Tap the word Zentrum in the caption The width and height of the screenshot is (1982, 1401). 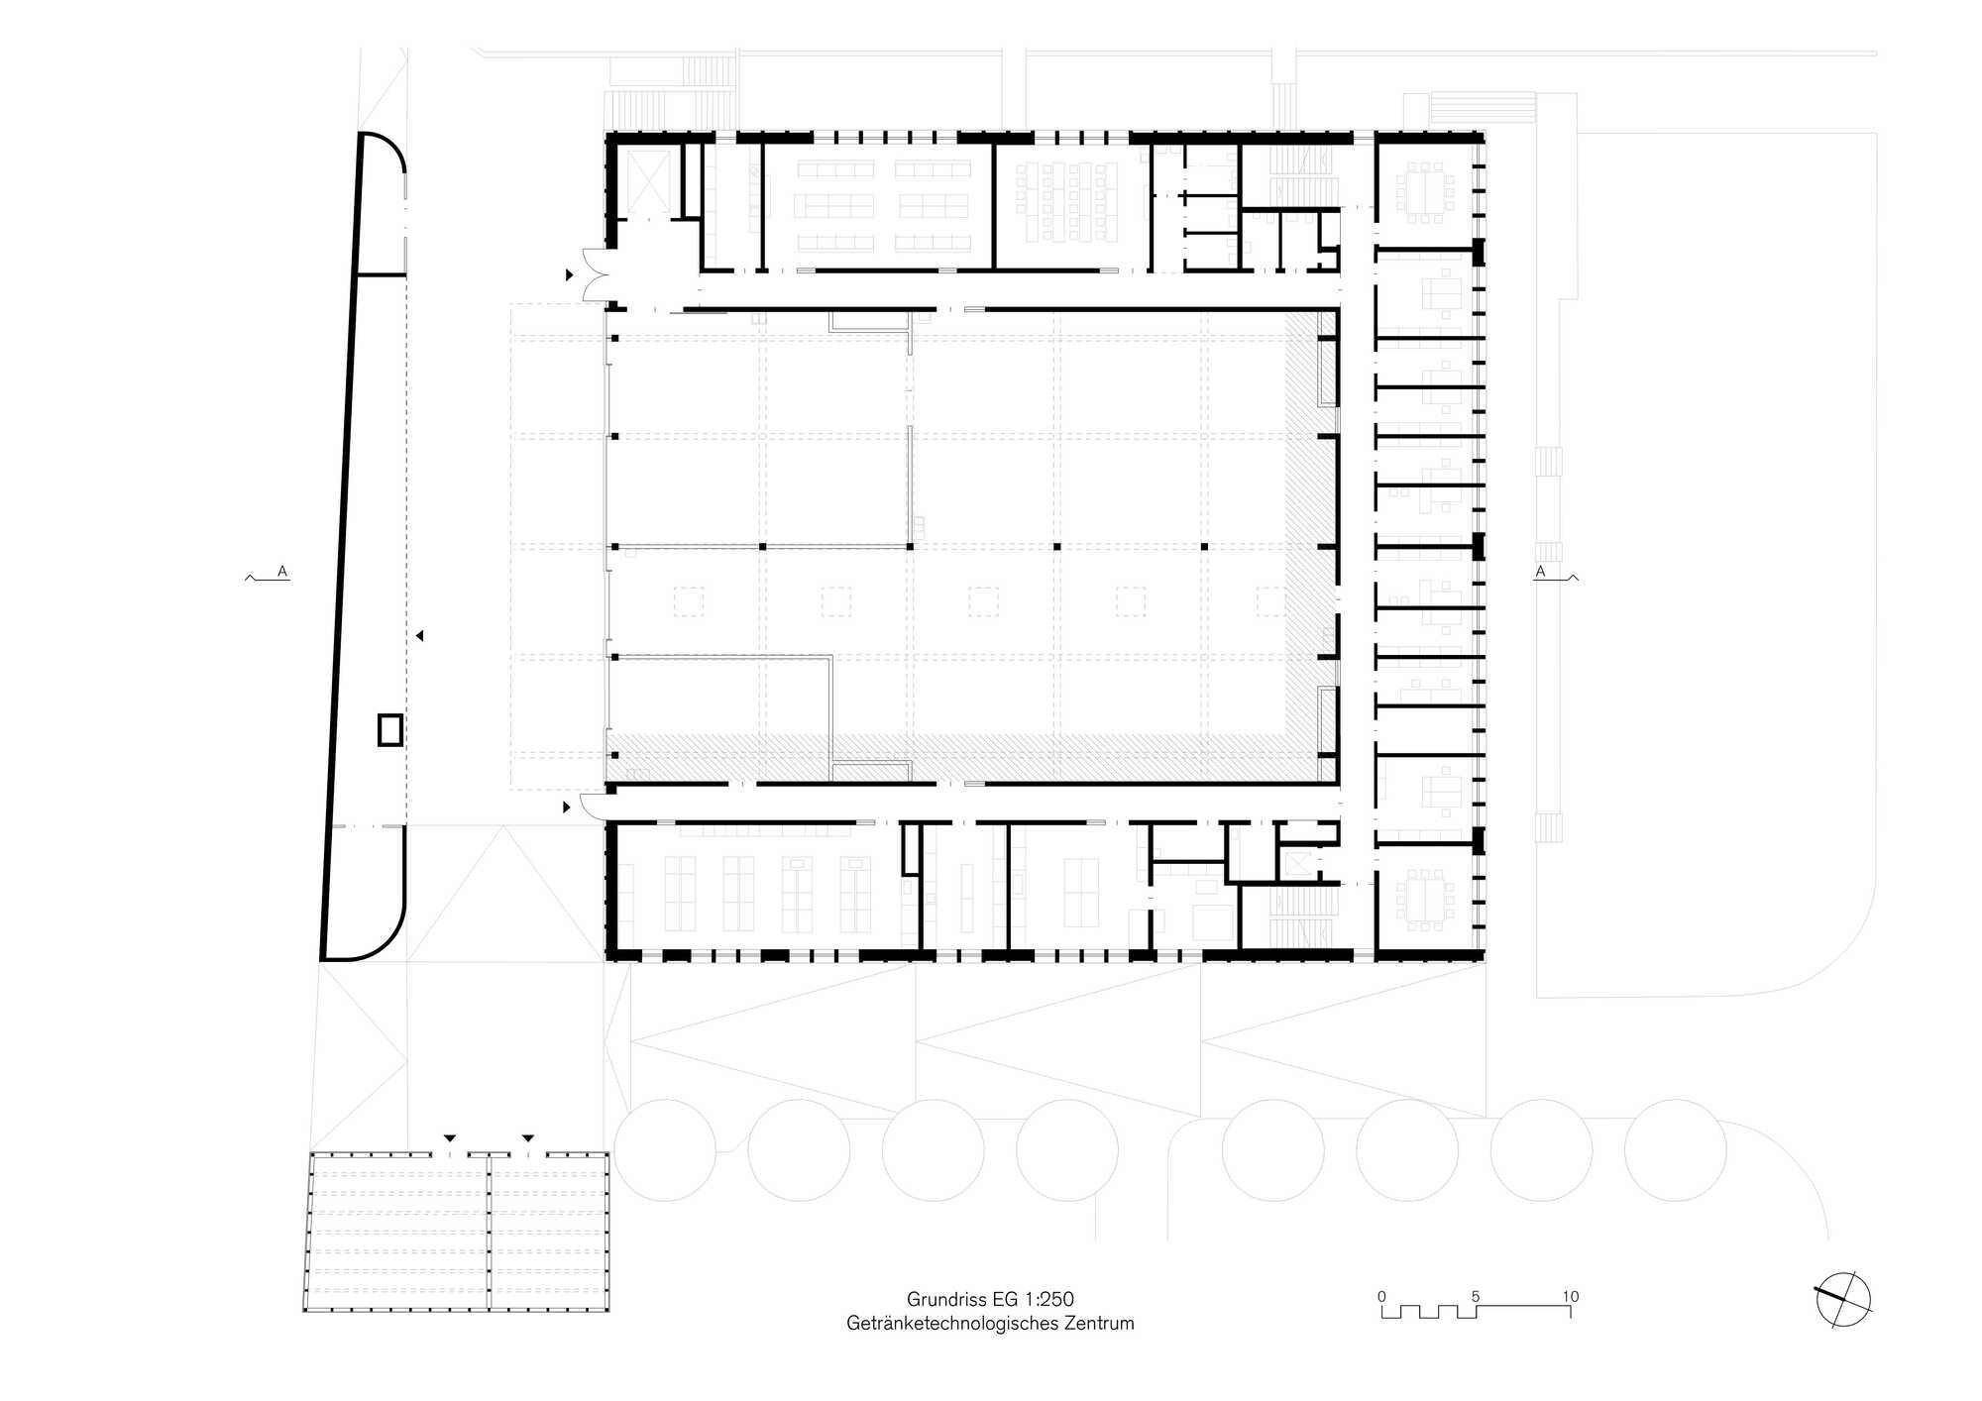pyautogui.click(x=1099, y=1323)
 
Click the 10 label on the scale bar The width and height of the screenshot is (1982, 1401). pyautogui.click(x=1570, y=1296)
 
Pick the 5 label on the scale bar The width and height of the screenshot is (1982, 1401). pyautogui.click(x=1476, y=1296)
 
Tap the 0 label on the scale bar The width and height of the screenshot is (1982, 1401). pyautogui.click(x=1381, y=1296)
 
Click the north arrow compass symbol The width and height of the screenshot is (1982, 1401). pyautogui.click(x=1843, y=1299)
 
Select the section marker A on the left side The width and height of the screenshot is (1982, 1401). pyautogui.click(x=282, y=572)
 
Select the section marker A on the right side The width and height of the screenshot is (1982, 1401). pyautogui.click(x=1540, y=572)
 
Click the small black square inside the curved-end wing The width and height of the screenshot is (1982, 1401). pyautogui.click(x=390, y=730)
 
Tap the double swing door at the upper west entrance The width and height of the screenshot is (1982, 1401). pyautogui.click(x=598, y=274)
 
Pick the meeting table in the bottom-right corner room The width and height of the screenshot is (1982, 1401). pyautogui.click(x=1425, y=900)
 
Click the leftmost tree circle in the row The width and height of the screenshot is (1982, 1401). pyautogui.click(x=665, y=1150)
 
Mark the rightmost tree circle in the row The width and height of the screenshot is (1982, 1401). pyautogui.click(x=1675, y=1150)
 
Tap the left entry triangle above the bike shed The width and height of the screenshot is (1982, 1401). pyautogui.click(x=450, y=1138)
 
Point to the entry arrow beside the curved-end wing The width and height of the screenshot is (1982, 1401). pyautogui.click(x=420, y=635)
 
